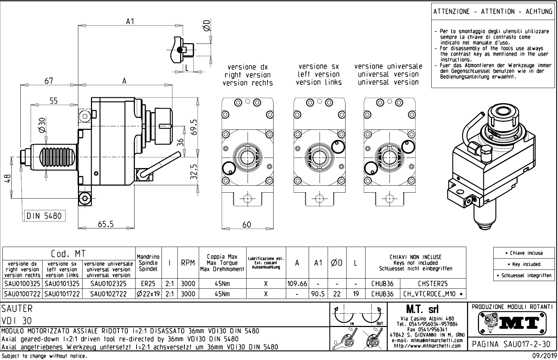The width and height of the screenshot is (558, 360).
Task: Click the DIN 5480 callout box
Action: pyautogui.click(x=44, y=216)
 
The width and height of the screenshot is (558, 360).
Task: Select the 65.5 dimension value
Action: pyautogui.click(x=106, y=224)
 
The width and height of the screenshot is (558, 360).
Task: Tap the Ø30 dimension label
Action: pyautogui.click(x=42, y=125)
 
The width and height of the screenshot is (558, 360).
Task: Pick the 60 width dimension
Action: pyautogui.click(x=247, y=225)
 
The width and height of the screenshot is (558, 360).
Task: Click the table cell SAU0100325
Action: pyautogui.click(x=22, y=284)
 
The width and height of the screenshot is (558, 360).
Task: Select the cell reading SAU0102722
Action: pyautogui.click(x=108, y=294)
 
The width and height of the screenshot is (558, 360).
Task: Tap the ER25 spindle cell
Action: pyautogui.click(x=148, y=284)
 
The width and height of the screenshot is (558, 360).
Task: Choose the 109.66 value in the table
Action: pyautogui.click(x=297, y=284)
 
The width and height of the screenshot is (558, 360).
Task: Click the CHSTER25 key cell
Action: pyautogui.click(x=433, y=284)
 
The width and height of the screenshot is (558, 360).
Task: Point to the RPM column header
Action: pyautogui.click(x=188, y=263)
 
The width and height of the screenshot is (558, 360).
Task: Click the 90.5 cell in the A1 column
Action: pyautogui.click(x=318, y=294)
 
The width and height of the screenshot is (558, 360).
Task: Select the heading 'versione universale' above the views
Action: pyautogui.click(x=388, y=66)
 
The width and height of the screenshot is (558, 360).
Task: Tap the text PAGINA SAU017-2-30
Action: pyautogui.click(x=512, y=344)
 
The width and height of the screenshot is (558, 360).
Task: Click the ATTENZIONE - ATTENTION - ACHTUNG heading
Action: pyautogui.click(x=493, y=12)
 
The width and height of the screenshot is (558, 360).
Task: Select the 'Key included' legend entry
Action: pyautogui.click(x=525, y=264)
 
